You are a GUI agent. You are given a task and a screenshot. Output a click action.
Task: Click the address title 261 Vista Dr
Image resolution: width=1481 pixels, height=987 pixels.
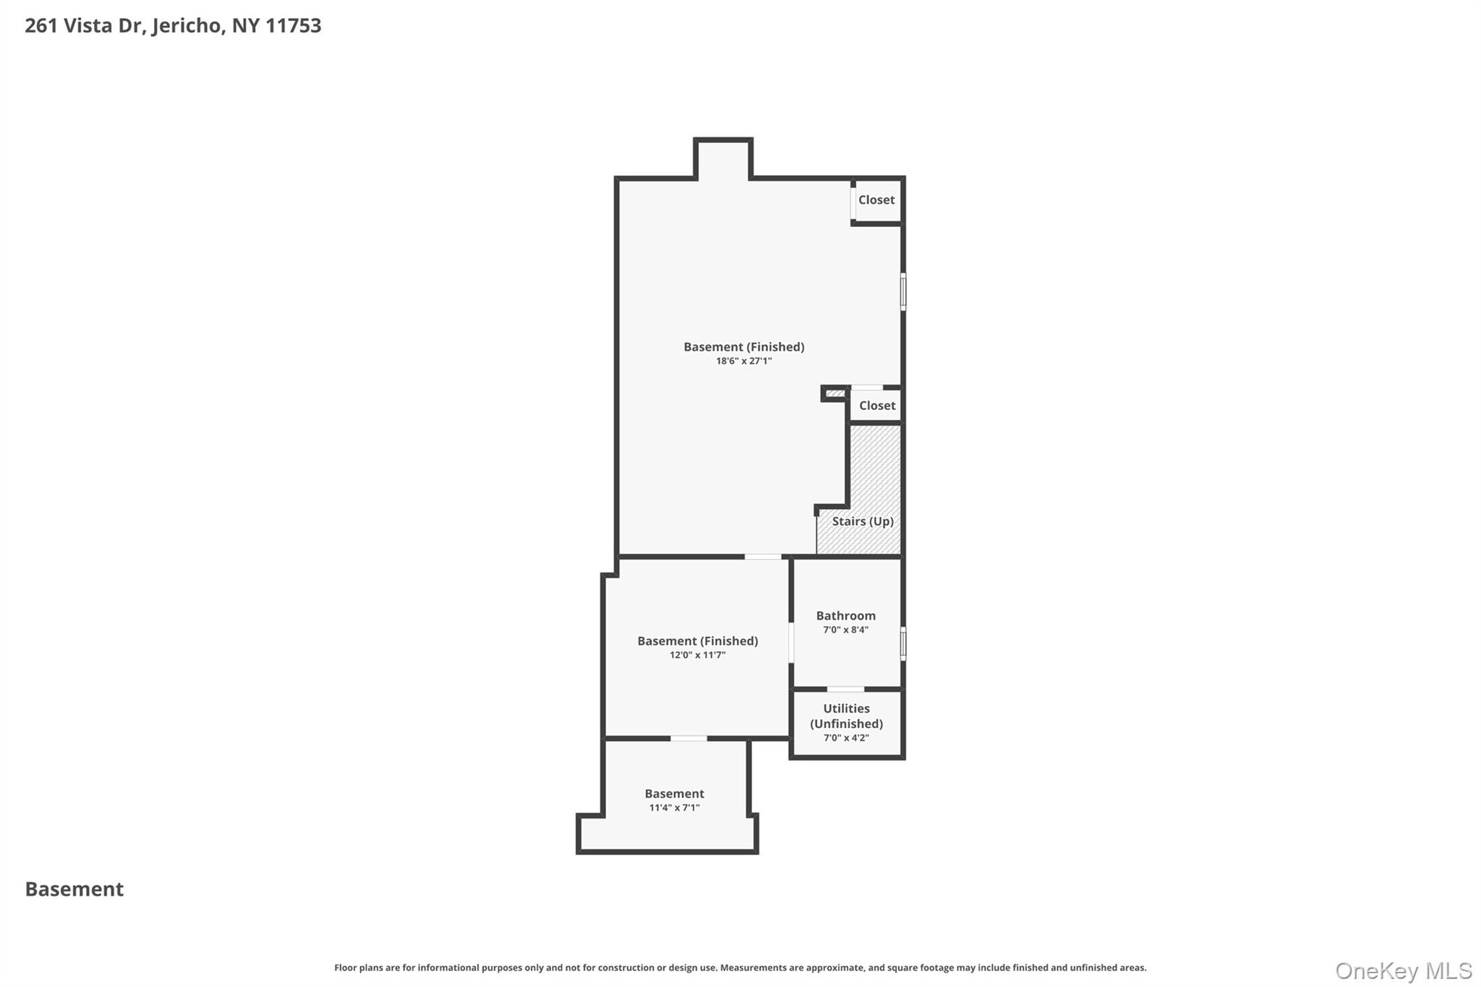pos(173,26)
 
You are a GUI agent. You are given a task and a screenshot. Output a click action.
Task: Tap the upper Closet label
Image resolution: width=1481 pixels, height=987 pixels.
pos(876,200)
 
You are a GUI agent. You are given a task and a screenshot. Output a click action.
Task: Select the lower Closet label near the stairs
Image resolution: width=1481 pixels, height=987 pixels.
pos(876,406)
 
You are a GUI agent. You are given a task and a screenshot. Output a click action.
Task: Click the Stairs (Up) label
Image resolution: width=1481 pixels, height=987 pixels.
pos(862,521)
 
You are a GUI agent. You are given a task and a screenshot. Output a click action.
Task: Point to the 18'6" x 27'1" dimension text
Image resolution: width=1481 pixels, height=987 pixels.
pos(743,361)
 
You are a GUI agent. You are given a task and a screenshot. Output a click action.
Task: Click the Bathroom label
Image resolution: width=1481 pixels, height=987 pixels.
pos(845,616)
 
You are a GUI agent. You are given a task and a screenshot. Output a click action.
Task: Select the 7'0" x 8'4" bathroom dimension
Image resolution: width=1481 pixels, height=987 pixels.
pos(845,630)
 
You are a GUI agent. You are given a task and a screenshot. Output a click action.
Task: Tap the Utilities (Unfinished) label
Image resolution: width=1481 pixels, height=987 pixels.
pos(846,716)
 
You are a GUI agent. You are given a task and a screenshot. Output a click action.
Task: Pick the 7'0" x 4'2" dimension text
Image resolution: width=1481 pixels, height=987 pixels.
pos(846,738)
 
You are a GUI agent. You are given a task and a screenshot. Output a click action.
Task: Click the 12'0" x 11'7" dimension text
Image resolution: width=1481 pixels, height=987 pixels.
pos(697,655)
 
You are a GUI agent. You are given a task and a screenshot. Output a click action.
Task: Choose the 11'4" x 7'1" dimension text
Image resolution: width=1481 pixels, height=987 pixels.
pos(674,808)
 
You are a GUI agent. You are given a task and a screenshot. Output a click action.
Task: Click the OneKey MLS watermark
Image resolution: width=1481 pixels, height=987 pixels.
pos(1403,970)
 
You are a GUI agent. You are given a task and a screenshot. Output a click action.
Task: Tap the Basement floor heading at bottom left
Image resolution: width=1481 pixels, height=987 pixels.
pos(74,889)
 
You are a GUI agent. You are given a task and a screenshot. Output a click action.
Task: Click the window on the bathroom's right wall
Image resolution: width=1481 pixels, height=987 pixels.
pos(902,643)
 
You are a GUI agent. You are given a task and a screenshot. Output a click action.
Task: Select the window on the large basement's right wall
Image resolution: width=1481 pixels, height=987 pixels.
pos(902,291)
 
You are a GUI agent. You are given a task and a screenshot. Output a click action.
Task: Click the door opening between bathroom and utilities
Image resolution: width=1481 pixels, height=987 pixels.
pos(845,689)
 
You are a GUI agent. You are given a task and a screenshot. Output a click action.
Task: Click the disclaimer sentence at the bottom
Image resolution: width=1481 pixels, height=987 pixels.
pos(740,967)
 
